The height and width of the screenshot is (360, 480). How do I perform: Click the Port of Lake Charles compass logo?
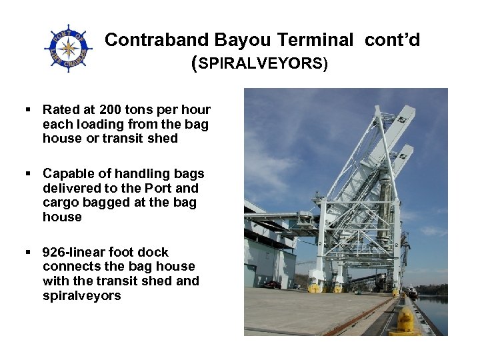(x=68, y=48)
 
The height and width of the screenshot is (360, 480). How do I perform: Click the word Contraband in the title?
(x=149, y=40)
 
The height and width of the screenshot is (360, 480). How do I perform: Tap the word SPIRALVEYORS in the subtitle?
(x=261, y=65)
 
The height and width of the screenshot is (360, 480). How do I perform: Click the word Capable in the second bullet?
(x=67, y=173)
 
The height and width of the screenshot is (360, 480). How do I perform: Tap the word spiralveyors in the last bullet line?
(x=82, y=295)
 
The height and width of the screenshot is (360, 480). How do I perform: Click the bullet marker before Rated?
(x=28, y=109)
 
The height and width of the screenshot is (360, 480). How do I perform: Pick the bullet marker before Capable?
(x=28, y=173)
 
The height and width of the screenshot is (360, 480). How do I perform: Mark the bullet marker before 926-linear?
(x=28, y=252)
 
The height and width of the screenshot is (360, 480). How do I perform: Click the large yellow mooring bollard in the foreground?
(x=405, y=321)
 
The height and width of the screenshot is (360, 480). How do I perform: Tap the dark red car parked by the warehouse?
(x=271, y=285)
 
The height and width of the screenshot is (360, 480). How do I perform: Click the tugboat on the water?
(x=412, y=292)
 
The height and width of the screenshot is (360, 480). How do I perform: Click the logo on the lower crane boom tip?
(x=403, y=155)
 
